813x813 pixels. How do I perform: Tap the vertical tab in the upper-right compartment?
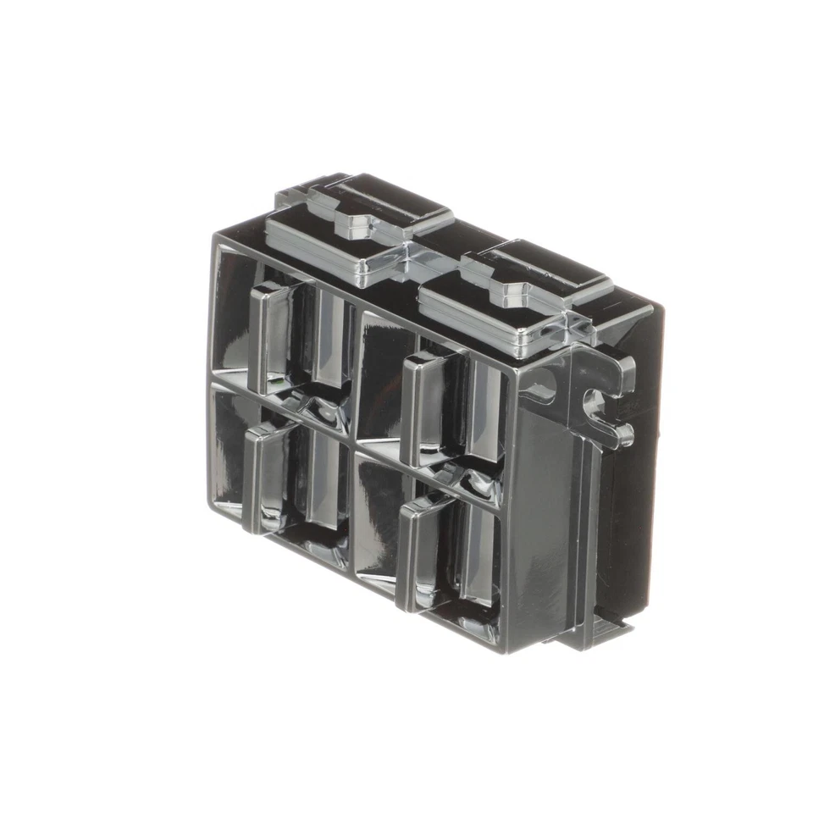pyautogui.click(x=420, y=406)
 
